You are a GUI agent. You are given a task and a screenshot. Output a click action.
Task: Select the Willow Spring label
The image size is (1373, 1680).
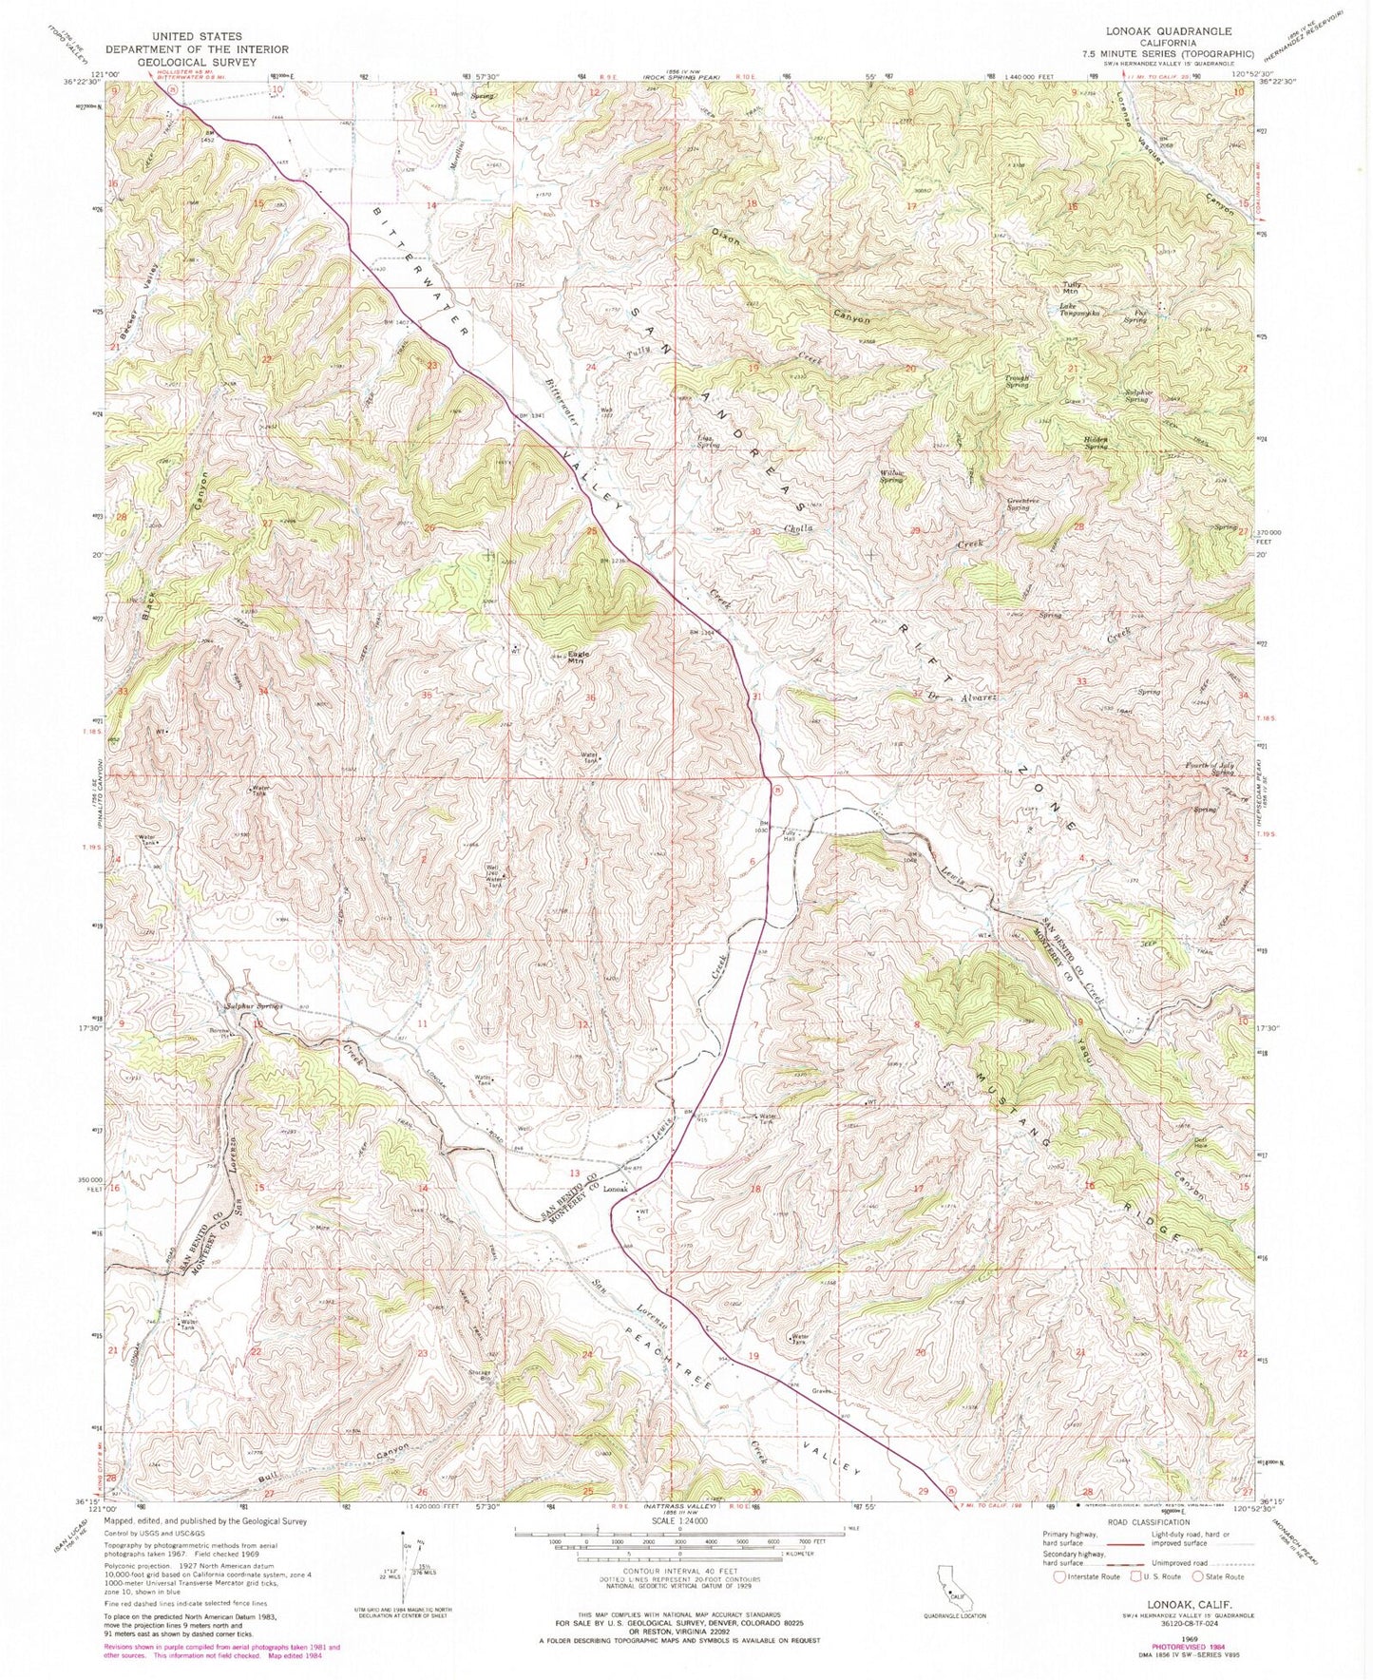pos(890,475)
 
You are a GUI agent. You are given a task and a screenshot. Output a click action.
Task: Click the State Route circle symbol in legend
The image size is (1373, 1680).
pos(1195,1576)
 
